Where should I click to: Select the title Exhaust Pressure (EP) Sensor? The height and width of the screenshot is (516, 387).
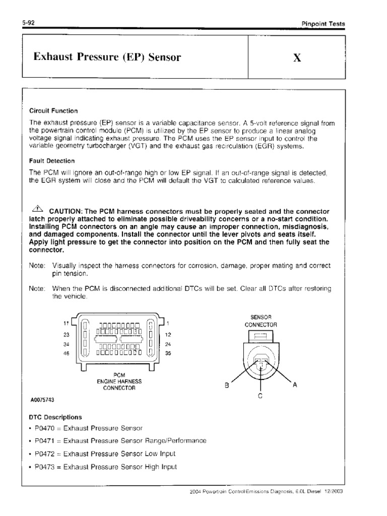(107, 57)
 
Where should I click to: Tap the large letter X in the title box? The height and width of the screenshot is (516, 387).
(297, 57)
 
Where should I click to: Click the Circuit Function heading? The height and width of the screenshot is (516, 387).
(53, 111)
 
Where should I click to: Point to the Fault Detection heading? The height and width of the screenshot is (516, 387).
(52, 161)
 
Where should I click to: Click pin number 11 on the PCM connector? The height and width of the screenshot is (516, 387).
(66, 322)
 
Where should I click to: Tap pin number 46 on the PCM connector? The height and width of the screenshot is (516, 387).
(66, 353)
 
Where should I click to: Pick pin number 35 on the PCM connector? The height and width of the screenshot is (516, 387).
(168, 353)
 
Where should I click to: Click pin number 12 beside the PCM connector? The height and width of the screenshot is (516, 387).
(168, 335)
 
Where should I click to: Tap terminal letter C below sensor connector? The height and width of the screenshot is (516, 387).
(260, 397)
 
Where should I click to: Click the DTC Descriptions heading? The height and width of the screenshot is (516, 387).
(56, 417)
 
